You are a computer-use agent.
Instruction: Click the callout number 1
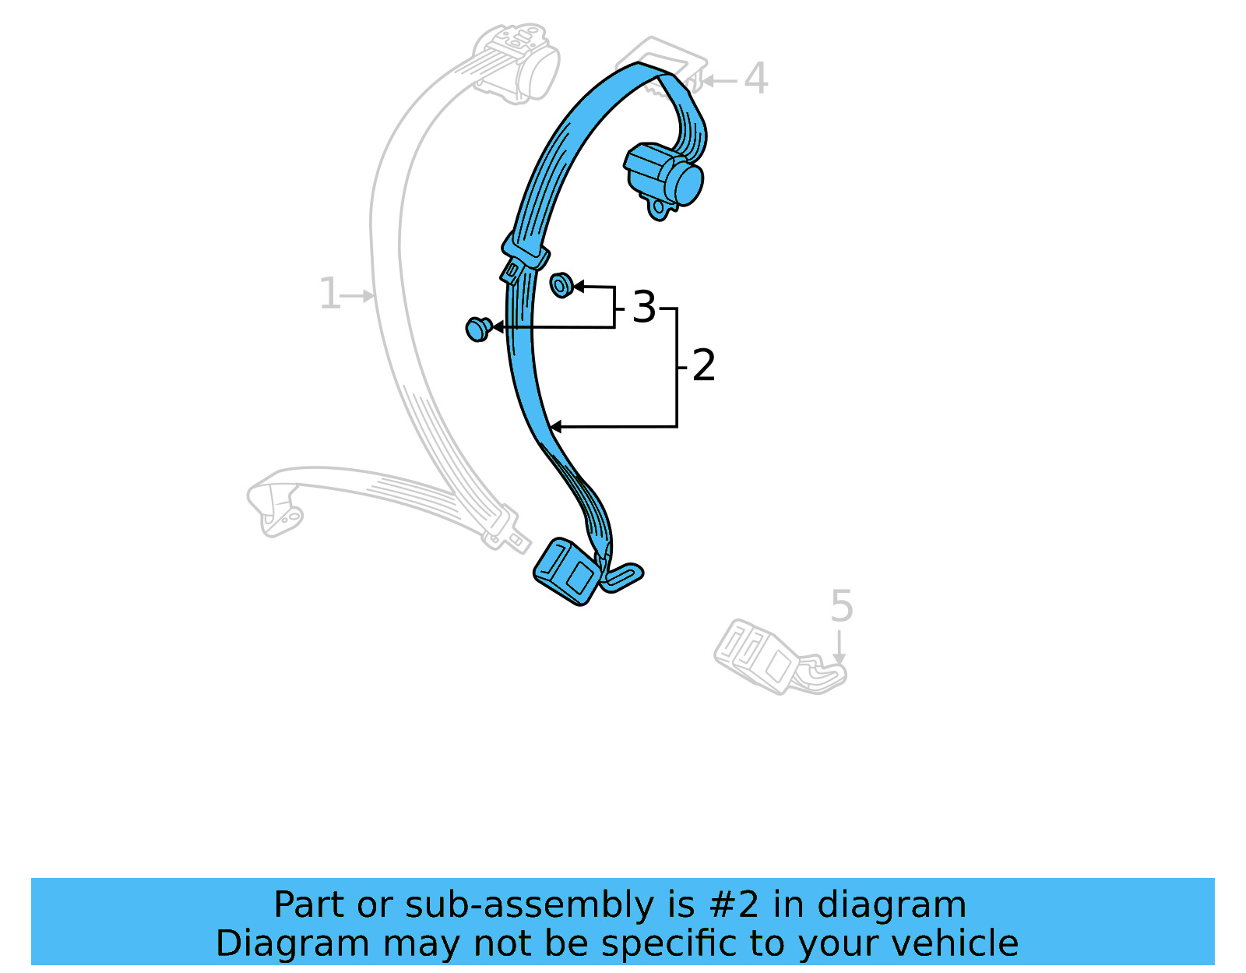pos(329,294)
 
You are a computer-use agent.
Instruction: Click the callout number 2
pos(703,365)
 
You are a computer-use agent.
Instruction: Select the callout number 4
pos(755,79)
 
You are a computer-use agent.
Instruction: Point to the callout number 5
pos(841,606)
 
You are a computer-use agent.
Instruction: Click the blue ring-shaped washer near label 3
pos(561,285)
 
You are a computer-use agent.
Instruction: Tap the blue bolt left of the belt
pos(477,329)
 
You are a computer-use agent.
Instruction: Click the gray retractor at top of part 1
pos(518,62)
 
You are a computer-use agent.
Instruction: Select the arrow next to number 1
pos(360,295)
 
